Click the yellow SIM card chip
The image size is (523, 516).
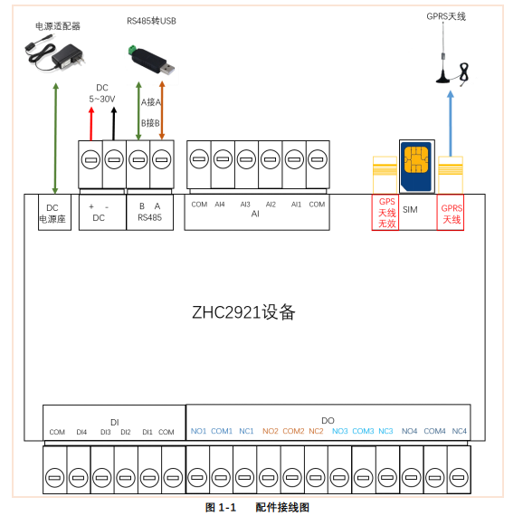(417, 163)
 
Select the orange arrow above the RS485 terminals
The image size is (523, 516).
(162, 113)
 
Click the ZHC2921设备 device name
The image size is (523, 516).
(243, 312)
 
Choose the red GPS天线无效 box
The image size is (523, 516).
(385, 213)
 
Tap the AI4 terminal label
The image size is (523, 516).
(220, 205)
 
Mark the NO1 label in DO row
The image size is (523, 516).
(198, 431)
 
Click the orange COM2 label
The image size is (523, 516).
(293, 431)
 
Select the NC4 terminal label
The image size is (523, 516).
(459, 431)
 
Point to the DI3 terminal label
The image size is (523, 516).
(105, 432)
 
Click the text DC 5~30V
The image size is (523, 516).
(101, 93)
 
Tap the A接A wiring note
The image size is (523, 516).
(150, 102)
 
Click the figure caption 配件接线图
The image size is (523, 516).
(281, 507)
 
